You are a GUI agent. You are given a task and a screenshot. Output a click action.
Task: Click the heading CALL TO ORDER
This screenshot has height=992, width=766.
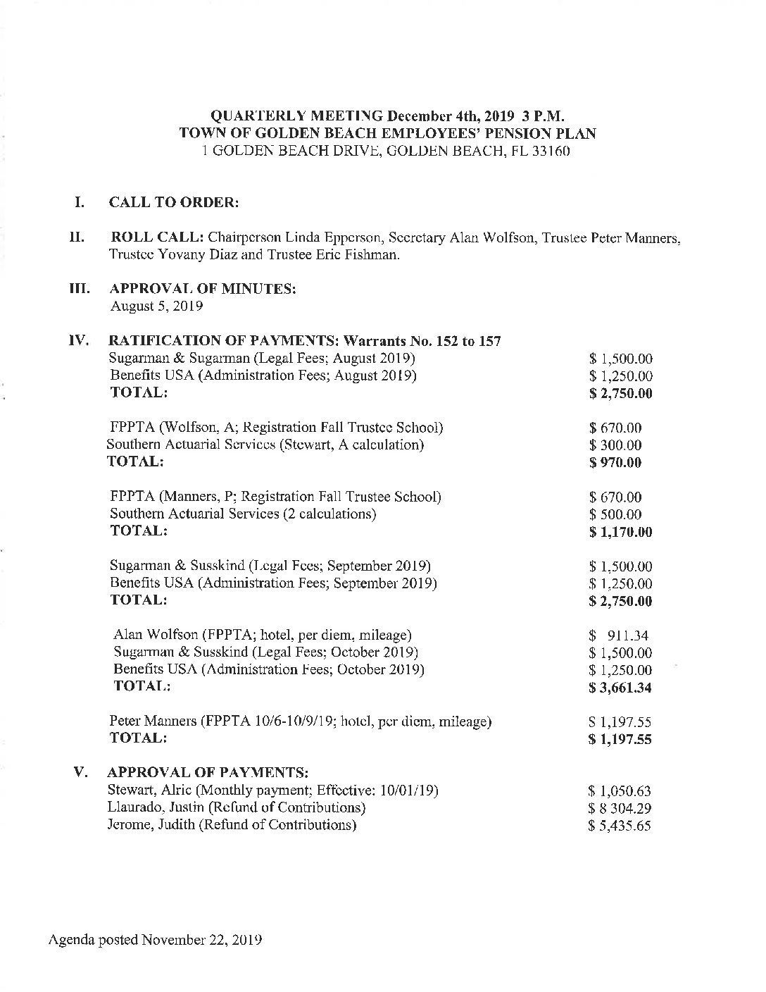(x=174, y=202)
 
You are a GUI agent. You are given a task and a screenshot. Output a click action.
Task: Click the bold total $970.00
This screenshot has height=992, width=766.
(x=615, y=463)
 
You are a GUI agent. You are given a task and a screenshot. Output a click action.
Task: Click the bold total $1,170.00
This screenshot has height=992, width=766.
(x=620, y=532)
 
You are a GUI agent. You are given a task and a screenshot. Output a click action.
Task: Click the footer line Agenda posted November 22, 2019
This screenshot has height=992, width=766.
(x=156, y=940)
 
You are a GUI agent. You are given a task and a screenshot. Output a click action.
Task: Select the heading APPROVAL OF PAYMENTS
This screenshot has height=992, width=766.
(x=208, y=773)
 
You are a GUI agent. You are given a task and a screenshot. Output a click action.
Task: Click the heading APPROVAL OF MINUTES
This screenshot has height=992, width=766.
(x=202, y=290)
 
